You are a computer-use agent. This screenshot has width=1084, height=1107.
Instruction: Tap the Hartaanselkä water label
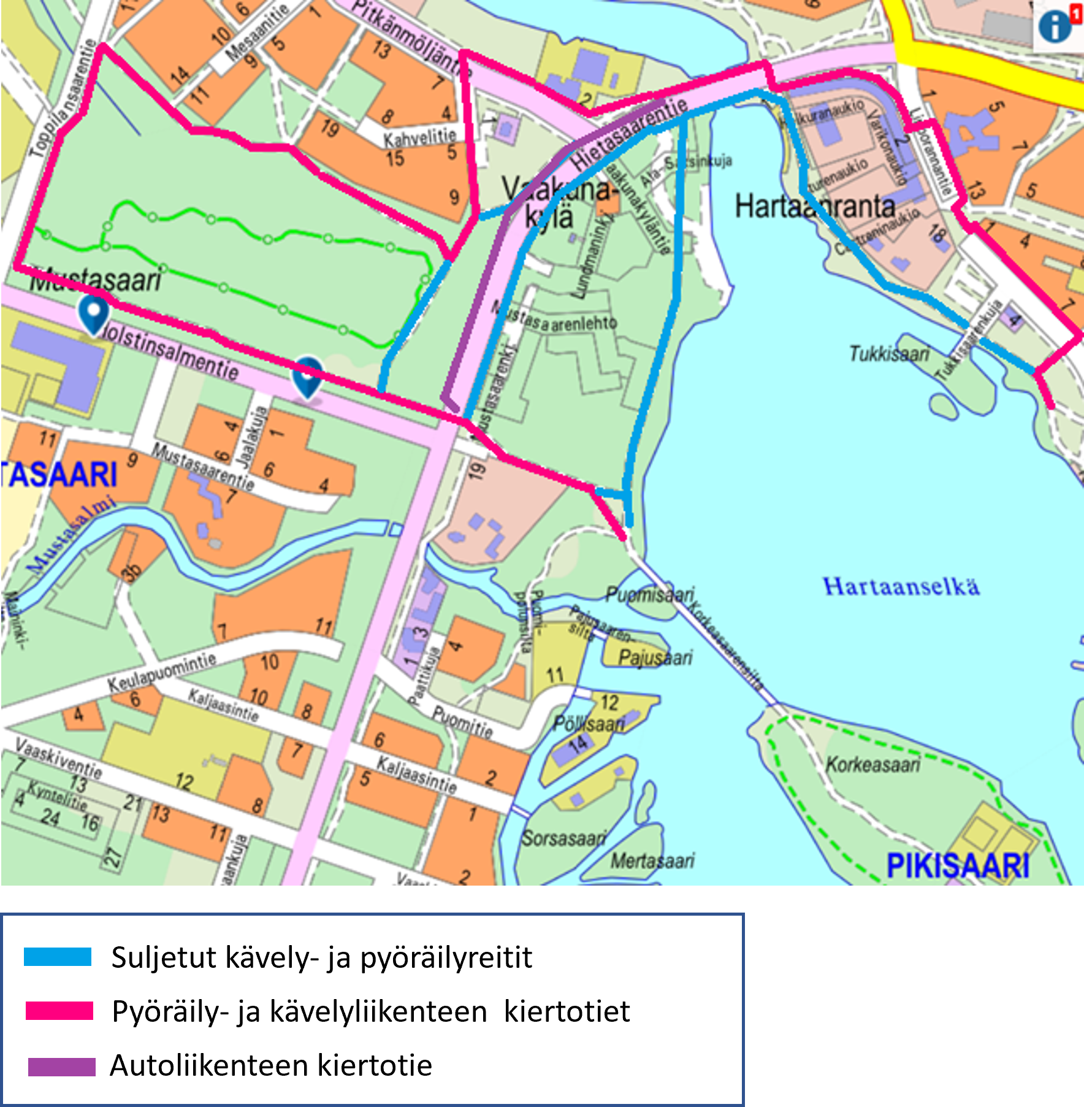click(x=901, y=586)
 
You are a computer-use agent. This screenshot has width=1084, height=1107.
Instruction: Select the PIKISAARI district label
click(x=958, y=866)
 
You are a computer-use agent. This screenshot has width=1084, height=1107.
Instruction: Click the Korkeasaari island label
click(x=872, y=765)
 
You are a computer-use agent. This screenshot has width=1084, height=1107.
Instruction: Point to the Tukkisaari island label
click(x=889, y=354)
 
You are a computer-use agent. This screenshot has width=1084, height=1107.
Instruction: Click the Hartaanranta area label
click(x=815, y=206)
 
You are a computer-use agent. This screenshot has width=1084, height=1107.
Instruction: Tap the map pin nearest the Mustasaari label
click(x=93, y=313)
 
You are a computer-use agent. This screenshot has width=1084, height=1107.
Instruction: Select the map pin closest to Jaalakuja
click(x=307, y=375)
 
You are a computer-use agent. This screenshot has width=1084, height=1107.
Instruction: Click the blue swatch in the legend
click(x=58, y=957)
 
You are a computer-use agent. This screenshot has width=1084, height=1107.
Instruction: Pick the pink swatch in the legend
click(x=59, y=1011)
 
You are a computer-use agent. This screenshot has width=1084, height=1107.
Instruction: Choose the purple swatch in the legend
click(x=61, y=1067)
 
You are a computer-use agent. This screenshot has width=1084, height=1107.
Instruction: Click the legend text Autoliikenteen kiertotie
click(x=271, y=1065)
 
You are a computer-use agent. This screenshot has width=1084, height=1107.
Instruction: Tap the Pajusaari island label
click(x=655, y=658)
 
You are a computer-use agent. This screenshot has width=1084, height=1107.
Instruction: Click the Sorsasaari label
click(x=563, y=838)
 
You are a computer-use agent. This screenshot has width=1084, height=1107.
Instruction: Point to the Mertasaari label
click(x=652, y=860)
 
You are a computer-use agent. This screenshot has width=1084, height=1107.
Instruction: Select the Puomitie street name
click(x=462, y=721)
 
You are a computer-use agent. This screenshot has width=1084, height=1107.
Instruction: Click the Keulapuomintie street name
click(x=162, y=672)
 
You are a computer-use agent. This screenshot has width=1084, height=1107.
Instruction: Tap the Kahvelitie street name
click(x=420, y=139)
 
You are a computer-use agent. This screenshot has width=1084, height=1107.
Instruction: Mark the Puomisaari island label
click(x=649, y=594)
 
